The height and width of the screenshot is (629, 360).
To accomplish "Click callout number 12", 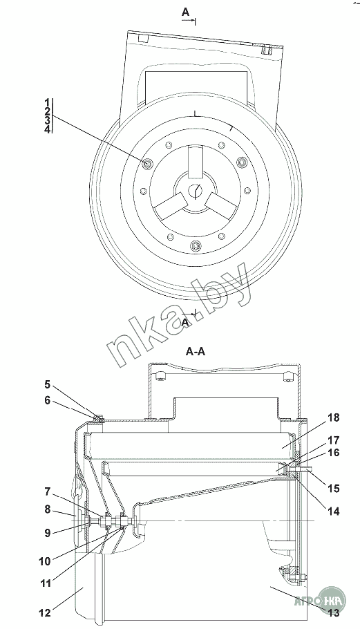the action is [x=45, y=612].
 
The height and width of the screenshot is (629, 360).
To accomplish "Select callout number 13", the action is [x=334, y=612].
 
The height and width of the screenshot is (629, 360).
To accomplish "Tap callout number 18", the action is [x=334, y=417].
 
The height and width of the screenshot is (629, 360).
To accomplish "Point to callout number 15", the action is [x=334, y=489].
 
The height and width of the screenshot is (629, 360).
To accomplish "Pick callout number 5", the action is [x=47, y=385].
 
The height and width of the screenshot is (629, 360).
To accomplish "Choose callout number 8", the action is [x=47, y=509].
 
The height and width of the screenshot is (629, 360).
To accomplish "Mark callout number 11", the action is [x=46, y=583].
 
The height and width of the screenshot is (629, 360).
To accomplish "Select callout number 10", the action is [x=45, y=561].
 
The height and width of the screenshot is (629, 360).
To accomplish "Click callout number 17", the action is [x=334, y=440].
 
